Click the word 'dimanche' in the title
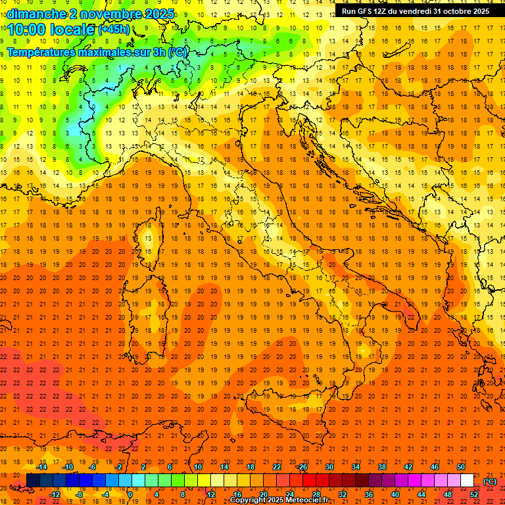pyautogui.click(x=36, y=14)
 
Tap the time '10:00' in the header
pyautogui.click(x=28, y=29)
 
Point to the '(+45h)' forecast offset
pyautogui.click(x=114, y=30)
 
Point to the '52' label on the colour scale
pyautogui.click(x=474, y=494)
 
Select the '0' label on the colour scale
pyautogui.click(x=130, y=494)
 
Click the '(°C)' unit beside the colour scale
pyautogui.click(x=490, y=481)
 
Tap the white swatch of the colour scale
pyautogui.click(x=467, y=481)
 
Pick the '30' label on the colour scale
pyautogui.click(x=329, y=467)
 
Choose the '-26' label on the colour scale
pyautogui.click(x=302, y=467)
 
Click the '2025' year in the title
pyautogui.click(x=158, y=14)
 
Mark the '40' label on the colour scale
pyautogui.click(x=395, y=494)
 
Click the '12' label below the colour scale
pyautogui.click(x=211, y=494)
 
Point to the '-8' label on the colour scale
pyautogui.click(x=79, y=494)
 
